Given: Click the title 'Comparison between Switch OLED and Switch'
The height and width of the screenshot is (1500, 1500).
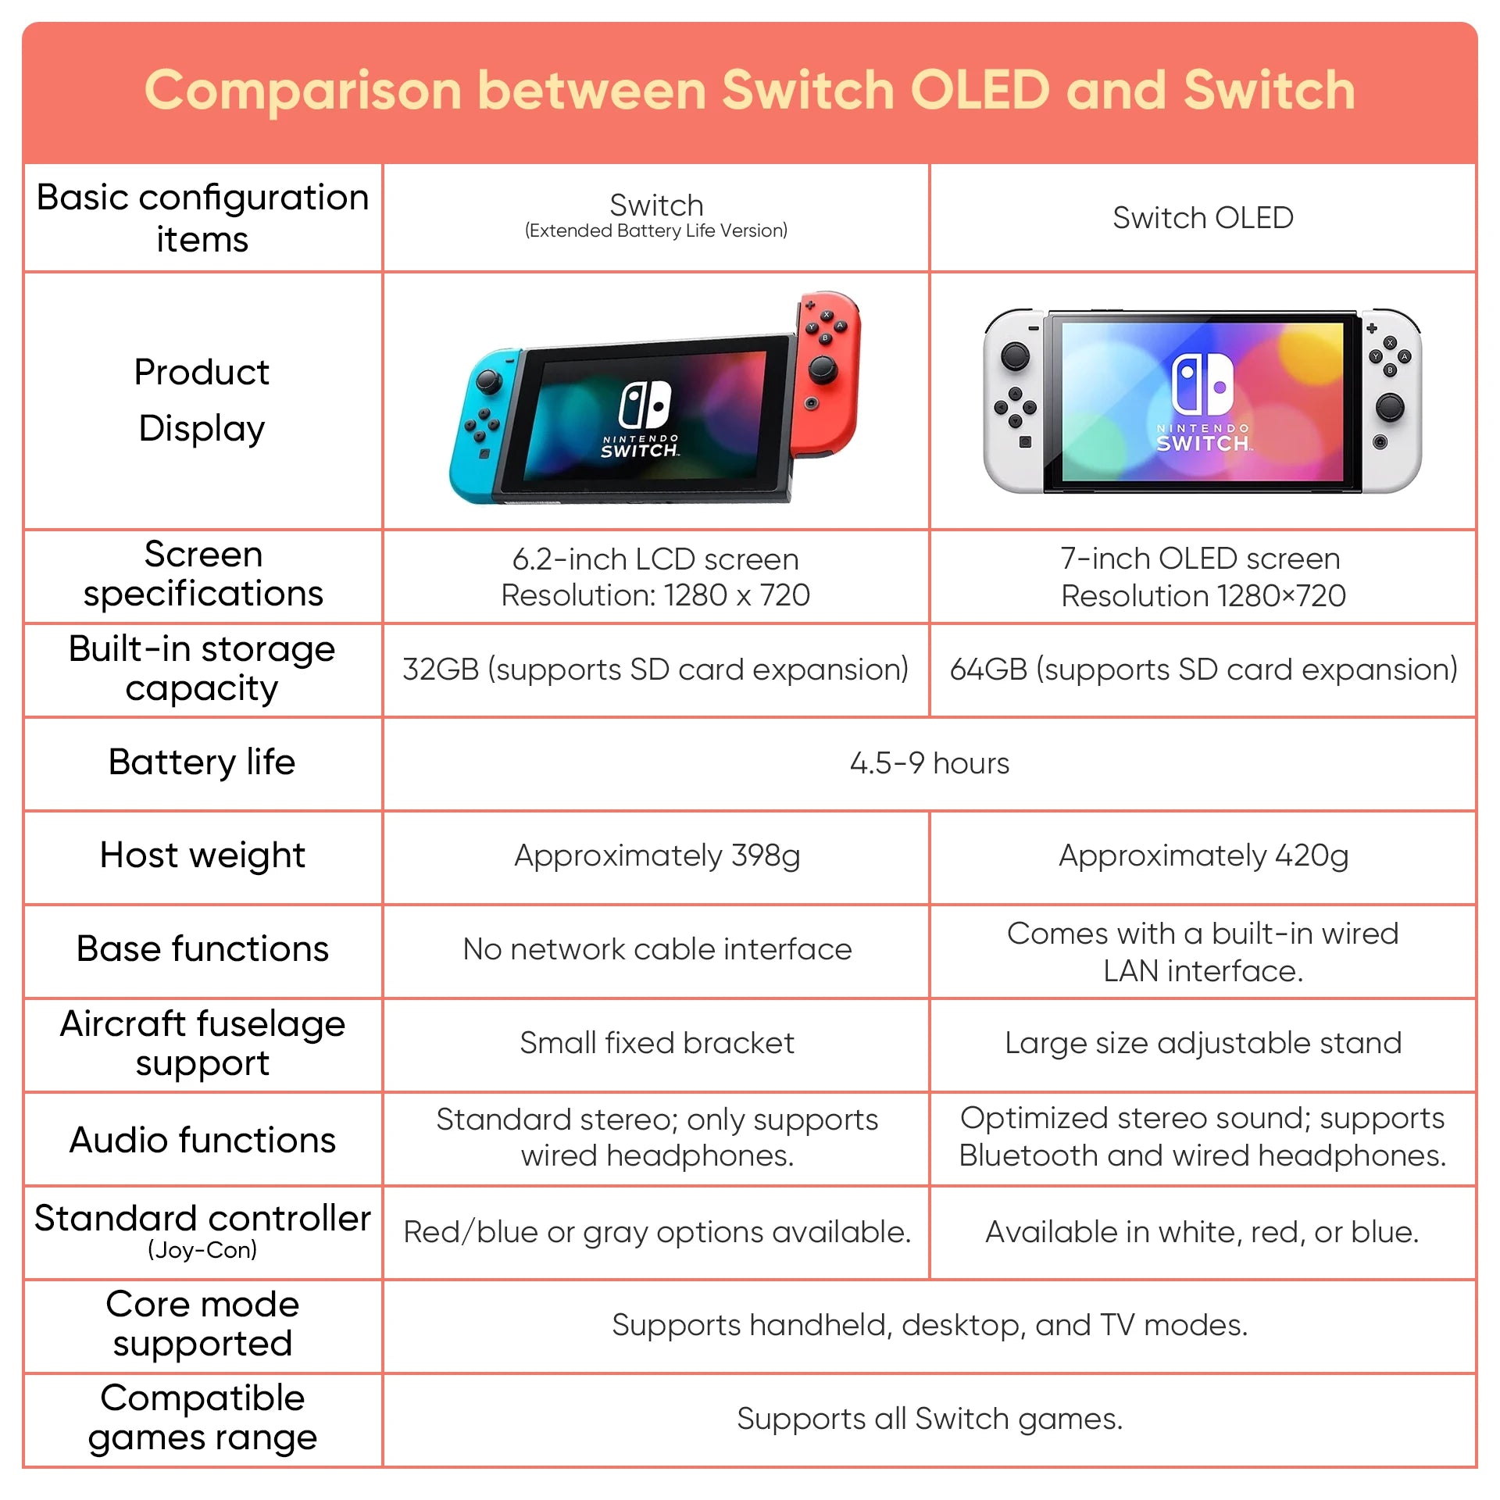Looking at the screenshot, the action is (750, 90).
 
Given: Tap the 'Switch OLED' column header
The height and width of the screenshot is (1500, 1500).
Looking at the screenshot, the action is (1203, 218).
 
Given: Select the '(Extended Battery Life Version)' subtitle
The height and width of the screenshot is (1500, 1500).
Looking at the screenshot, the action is (656, 230).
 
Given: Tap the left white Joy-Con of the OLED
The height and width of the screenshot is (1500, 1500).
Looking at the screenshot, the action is (1015, 400).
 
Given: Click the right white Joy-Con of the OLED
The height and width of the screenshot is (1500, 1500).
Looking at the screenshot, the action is (1391, 400).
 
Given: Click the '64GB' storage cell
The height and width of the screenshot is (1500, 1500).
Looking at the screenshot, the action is (1203, 670).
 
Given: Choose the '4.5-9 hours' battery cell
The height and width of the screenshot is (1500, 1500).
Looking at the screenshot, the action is (930, 763).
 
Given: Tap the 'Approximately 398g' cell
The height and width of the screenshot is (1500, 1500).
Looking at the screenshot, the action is (657, 856).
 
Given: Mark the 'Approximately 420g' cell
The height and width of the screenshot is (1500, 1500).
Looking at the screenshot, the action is (1203, 856).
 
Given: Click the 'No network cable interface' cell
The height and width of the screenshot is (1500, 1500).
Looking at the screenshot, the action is (657, 949).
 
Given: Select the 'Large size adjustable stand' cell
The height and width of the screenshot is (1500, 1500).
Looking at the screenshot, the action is (1203, 1044).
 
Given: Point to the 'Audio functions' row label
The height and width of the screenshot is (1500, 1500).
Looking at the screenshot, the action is (202, 1140).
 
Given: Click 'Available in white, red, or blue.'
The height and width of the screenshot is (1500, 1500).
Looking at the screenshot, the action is (1202, 1232).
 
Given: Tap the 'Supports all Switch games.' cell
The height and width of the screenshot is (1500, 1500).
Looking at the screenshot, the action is (930, 1420).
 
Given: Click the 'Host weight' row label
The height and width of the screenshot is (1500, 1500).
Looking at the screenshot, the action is (202, 855).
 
